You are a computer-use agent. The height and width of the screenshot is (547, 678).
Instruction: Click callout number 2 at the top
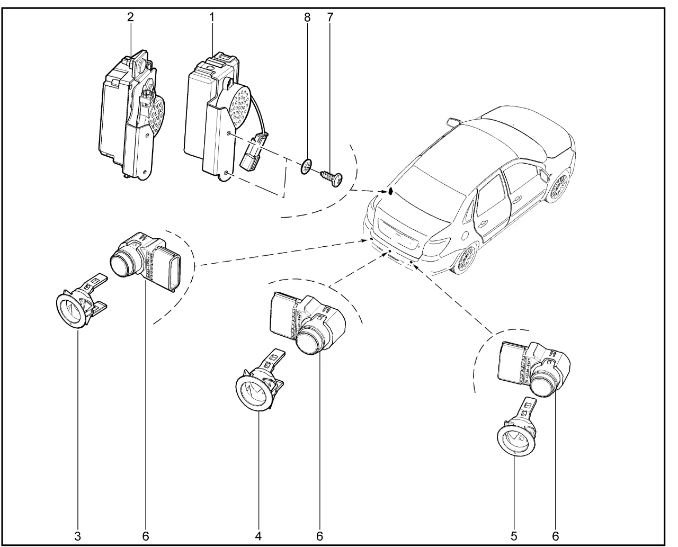pos(130,16)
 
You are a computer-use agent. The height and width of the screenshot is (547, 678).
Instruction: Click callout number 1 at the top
pos(211,16)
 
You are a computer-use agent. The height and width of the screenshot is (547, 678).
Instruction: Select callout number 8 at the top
pos(307,16)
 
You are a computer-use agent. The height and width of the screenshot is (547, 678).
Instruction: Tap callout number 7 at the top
pos(330,16)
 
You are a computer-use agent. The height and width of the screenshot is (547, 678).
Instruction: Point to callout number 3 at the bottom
pos(78,535)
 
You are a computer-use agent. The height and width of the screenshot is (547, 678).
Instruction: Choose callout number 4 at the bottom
pos(259,535)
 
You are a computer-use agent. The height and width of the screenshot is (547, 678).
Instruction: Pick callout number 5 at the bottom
pos(513,535)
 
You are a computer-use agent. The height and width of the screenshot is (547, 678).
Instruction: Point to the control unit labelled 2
pos(127,116)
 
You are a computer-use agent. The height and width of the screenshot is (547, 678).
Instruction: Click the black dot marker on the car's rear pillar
pos(391,191)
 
